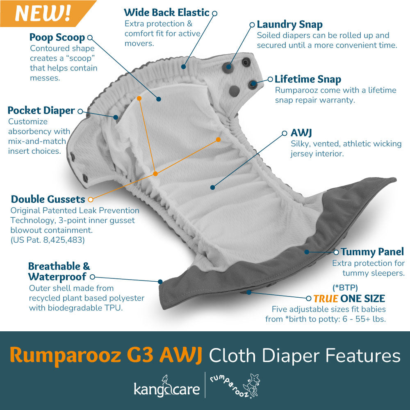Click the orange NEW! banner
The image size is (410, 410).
(x=43, y=13)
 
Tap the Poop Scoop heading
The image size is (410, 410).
(x=57, y=38)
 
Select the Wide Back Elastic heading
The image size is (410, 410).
(x=166, y=13)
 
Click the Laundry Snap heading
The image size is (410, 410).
(x=289, y=24)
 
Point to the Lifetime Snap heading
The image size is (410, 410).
(x=307, y=79)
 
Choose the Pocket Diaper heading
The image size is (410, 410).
(x=41, y=111)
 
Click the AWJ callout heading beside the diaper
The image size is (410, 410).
(x=302, y=133)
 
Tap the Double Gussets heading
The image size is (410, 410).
(x=48, y=200)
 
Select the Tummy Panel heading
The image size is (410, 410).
(x=372, y=252)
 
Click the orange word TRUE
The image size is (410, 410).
(x=326, y=298)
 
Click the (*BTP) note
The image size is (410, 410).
(x=345, y=287)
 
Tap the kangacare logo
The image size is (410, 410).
(x=166, y=387)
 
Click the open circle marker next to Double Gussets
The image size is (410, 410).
(x=91, y=200)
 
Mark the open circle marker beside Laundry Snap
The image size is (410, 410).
(x=252, y=25)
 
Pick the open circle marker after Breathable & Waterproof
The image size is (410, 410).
(x=92, y=277)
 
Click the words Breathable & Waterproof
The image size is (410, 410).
(x=59, y=271)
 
